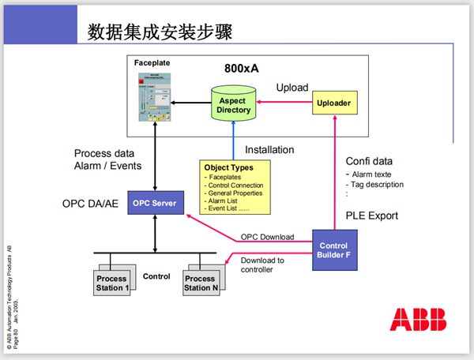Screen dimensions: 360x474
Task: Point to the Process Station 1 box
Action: coord(111,283)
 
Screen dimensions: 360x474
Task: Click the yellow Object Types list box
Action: coord(235,188)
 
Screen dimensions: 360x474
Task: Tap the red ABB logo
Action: coord(417,319)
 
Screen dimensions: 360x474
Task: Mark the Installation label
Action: coord(269,149)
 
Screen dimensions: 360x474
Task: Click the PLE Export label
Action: coord(372,215)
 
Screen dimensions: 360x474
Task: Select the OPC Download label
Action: coord(267,237)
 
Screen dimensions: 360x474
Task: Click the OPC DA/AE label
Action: coord(89,204)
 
